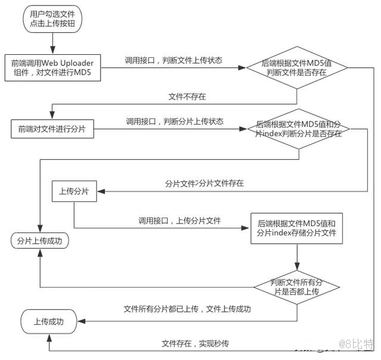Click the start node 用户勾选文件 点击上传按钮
coord(53,19)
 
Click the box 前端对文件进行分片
coord(52,129)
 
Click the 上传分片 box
coord(74,192)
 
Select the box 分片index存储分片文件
coord(296,228)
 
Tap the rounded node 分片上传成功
coord(40,241)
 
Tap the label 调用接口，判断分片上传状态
coord(174,121)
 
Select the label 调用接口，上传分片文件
coord(179,221)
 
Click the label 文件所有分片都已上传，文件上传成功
coord(187,309)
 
